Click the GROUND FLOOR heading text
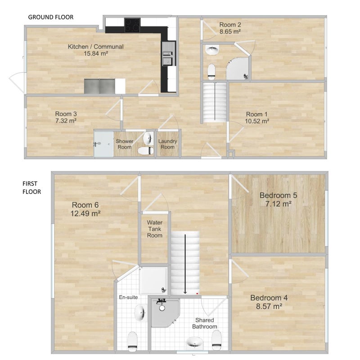(x=51, y=17)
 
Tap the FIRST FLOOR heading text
(x=31, y=188)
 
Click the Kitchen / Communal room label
(x=95, y=47)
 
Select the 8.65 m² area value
(x=230, y=31)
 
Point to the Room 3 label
(x=66, y=114)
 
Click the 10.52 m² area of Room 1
(x=257, y=121)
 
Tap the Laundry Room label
(x=167, y=144)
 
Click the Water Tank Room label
(x=155, y=229)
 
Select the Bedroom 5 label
(x=278, y=195)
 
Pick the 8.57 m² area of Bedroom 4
(x=269, y=306)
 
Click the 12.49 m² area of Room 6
(x=85, y=213)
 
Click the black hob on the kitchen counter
(x=132, y=25)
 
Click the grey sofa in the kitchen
(x=99, y=86)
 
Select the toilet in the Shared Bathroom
(x=216, y=340)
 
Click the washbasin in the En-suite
(x=140, y=312)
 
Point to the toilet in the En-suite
(x=132, y=342)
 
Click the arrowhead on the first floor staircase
(x=185, y=292)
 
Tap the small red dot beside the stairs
(x=197, y=293)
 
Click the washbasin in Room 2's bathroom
(x=212, y=50)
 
